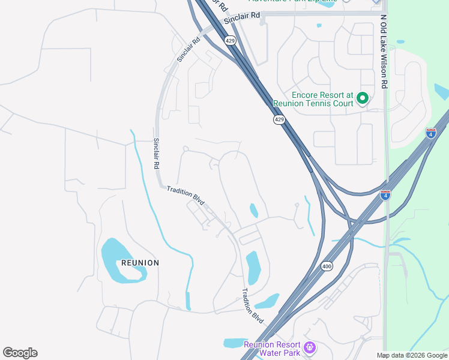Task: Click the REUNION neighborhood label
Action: [140, 263]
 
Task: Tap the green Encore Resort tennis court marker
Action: [362, 97]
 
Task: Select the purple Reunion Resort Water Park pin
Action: [310, 347]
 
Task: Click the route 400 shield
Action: [327, 266]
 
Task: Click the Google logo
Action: [20, 353]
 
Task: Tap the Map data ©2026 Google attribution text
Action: [412, 355]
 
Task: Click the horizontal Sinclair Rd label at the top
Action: [242, 19]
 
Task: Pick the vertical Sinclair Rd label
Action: [156, 154]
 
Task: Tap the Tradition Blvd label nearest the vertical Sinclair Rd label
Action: [186, 195]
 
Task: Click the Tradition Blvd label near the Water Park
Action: [253, 306]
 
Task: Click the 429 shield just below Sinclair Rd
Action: [231, 40]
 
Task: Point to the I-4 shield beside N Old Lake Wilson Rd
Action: [385, 194]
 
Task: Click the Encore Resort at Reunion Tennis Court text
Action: [322, 99]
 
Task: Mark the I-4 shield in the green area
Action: [430, 133]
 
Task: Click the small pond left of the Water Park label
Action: [234, 343]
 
